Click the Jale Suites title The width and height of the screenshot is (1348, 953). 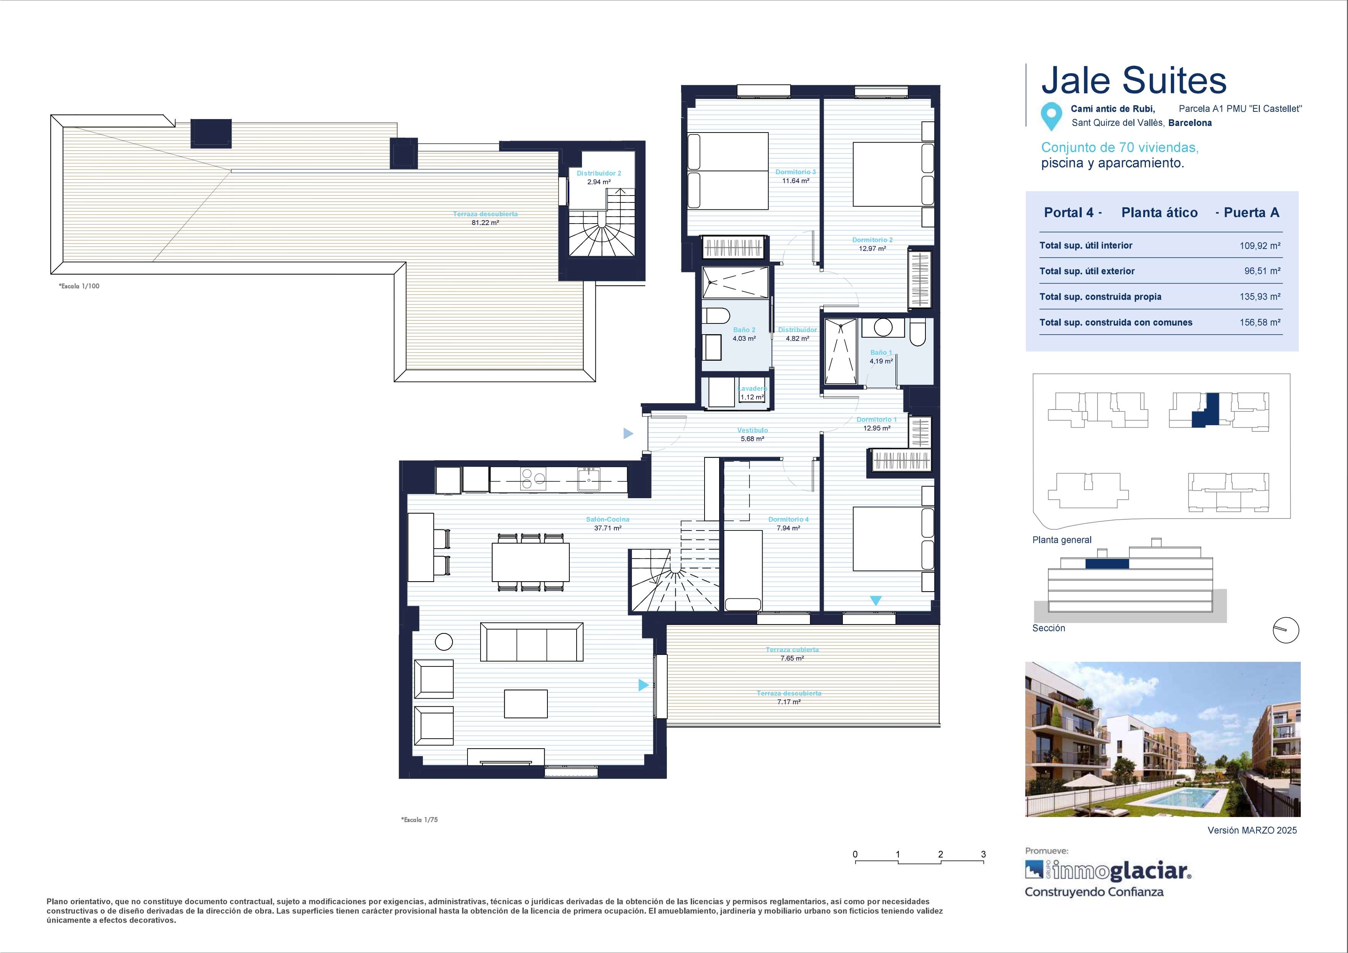point(1134,81)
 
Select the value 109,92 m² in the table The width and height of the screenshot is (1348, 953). point(1260,245)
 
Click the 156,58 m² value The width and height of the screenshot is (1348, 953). point(1260,322)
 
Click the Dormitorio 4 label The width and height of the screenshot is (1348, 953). point(789,519)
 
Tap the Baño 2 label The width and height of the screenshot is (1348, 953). point(744,330)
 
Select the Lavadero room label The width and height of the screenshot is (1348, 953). point(752,389)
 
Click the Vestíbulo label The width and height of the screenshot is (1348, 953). point(752,430)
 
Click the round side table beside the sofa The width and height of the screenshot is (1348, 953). point(444,642)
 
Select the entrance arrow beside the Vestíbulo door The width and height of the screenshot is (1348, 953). point(628,433)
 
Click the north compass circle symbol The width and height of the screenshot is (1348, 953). point(1286,630)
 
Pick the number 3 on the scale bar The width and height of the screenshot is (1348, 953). point(983,854)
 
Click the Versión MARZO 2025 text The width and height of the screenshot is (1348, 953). point(1252,830)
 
